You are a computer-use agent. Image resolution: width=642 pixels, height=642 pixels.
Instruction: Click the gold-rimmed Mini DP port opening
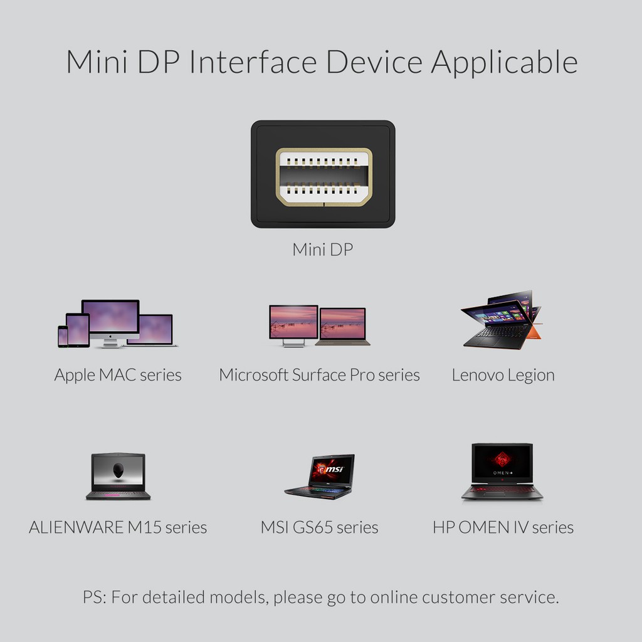pos(324,177)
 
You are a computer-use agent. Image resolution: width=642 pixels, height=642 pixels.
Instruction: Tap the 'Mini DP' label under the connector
pos(323,250)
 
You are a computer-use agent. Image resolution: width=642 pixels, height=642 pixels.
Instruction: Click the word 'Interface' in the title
pos(253,62)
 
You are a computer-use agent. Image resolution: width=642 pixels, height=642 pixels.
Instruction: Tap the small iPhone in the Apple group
pos(63,337)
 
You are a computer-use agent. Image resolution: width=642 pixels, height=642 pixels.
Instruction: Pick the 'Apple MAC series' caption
pos(118,375)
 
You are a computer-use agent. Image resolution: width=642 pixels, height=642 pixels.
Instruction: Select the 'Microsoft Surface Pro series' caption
pos(319,375)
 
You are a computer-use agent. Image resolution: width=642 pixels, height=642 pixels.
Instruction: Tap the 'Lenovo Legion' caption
pos(503,375)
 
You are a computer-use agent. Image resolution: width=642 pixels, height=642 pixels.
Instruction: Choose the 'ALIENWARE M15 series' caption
pos(118,527)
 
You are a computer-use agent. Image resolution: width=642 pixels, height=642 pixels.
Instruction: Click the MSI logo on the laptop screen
pos(331,469)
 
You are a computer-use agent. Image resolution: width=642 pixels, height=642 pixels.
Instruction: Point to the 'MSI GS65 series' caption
pos(319,527)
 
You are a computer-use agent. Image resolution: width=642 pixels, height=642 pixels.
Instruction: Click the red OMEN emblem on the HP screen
pos(502,460)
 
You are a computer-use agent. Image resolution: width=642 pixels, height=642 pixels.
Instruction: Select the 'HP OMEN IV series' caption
pos(503,527)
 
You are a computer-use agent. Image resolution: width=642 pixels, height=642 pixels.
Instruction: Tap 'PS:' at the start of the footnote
pos(95,597)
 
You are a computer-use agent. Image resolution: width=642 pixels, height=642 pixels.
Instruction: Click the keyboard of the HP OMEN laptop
pos(502,489)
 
